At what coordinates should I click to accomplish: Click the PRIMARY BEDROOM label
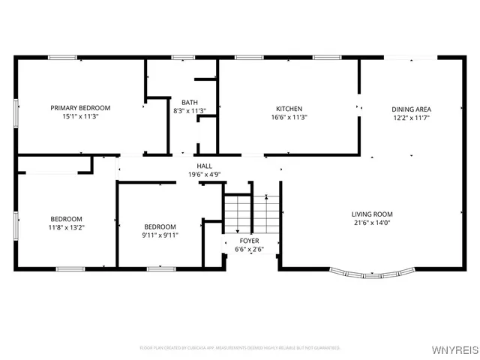tap(80, 108)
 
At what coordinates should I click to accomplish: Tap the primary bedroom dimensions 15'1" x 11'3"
tap(80, 117)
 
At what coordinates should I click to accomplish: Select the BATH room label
tap(189, 102)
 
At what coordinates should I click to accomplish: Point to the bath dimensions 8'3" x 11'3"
tap(189, 111)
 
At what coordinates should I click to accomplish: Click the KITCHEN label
tap(289, 108)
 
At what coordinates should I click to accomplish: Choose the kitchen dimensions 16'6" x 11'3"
tap(289, 117)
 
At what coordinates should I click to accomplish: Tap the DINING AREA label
tap(411, 109)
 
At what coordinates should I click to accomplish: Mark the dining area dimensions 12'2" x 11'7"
tap(411, 118)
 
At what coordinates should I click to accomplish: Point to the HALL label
tap(204, 166)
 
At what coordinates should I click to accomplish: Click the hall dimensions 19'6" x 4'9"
tap(204, 175)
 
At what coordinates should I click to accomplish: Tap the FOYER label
tap(250, 241)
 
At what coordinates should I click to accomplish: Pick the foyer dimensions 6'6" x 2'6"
tap(250, 249)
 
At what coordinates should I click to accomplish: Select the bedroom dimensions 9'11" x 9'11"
tap(160, 235)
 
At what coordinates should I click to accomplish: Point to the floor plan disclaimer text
tap(240, 348)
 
